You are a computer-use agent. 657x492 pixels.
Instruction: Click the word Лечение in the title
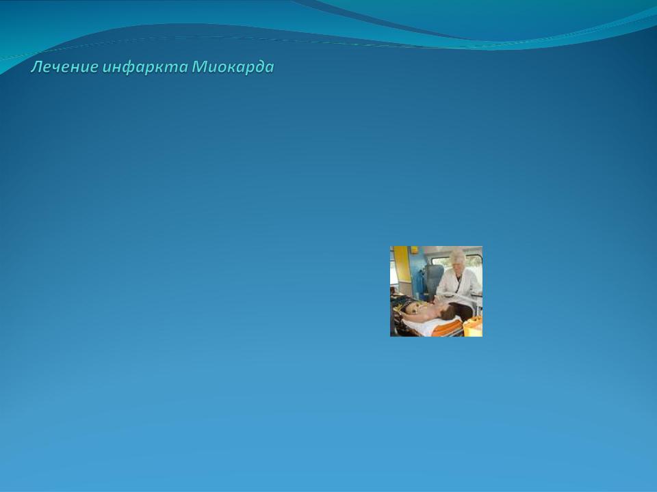tap(64, 67)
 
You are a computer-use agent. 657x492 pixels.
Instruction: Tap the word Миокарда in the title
tap(233, 67)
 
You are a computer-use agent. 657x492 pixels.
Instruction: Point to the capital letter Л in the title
tap(36, 67)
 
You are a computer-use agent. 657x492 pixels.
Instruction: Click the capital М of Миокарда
tap(198, 67)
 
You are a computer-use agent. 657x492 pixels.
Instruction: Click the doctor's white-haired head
tap(457, 258)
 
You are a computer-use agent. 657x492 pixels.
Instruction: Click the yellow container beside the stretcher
tap(473, 327)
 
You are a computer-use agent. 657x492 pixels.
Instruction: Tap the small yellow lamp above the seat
tap(414, 250)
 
